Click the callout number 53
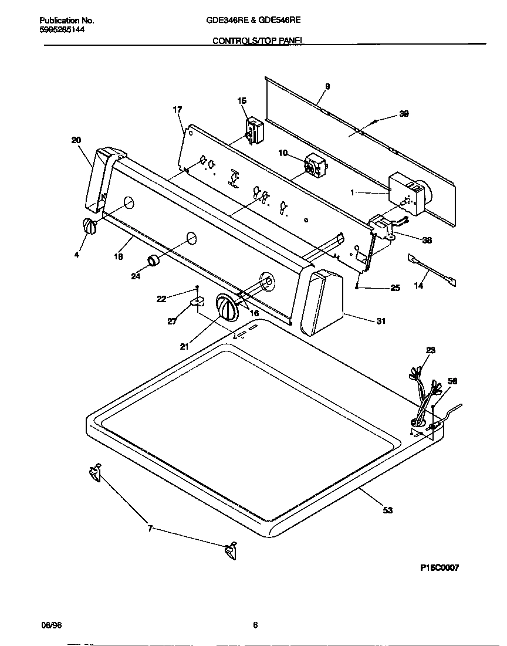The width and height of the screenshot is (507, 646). point(387,510)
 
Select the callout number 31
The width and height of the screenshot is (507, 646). point(381,321)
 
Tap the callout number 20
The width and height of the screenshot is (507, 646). point(76,140)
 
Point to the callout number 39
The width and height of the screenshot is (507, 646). point(404,114)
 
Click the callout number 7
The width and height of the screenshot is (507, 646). point(150,529)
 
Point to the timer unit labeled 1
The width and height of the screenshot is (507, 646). point(408,194)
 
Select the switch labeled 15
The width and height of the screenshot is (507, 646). point(254,129)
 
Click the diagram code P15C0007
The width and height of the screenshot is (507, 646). point(440,568)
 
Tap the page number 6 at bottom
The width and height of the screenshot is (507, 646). point(255,625)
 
